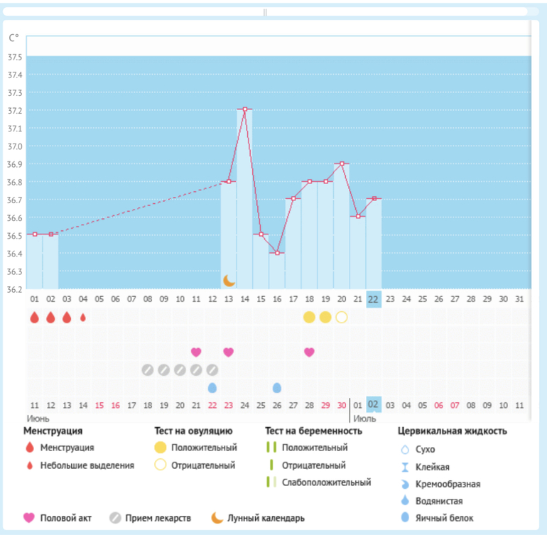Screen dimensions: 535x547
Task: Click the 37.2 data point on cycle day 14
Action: pyautogui.click(x=244, y=109)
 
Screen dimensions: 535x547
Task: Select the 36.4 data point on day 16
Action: pyautogui.click(x=277, y=252)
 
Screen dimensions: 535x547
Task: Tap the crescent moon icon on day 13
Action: pyautogui.click(x=229, y=281)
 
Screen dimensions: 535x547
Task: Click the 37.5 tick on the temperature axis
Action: pyautogui.click(x=14, y=57)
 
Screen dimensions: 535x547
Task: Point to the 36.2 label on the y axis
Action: pyautogui.click(x=14, y=289)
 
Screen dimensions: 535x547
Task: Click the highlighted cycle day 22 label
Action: pyautogui.click(x=373, y=300)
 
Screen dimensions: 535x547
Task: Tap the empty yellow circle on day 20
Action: pyautogui.click(x=342, y=317)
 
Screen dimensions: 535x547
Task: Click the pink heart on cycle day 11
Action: pyautogui.click(x=196, y=352)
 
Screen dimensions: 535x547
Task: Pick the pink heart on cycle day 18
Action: pyautogui.click(x=309, y=352)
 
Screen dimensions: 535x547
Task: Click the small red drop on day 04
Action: pyautogui.click(x=83, y=318)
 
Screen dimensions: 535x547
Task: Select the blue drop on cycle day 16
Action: pyautogui.click(x=277, y=387)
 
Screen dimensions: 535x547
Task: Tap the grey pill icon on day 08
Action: pyautogui.click(x=148, y=369)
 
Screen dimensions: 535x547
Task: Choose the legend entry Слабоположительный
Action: pyautogui.click(x=326, y=482)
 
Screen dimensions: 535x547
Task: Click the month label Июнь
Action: pyautogui.click(x=38, y=418)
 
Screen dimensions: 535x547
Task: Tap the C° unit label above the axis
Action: pyautogui.click(x=14, y=38)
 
